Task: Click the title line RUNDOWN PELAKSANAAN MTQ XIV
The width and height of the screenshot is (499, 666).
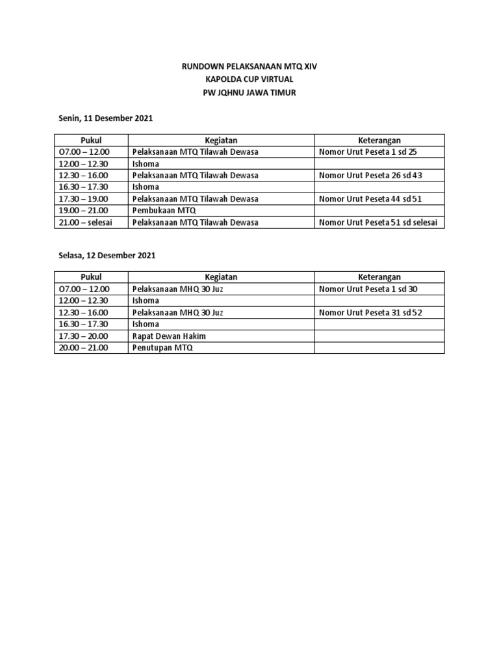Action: [x=249, y=66]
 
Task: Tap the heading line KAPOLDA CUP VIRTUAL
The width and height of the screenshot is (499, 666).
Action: [x=249, y=79]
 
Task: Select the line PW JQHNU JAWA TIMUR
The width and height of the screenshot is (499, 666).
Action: [x=249, y=92]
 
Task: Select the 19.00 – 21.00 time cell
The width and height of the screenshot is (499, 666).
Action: [x=84, y=211]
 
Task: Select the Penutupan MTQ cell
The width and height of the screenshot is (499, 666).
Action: [x=162, y=348]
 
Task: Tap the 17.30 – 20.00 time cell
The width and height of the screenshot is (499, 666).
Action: [x=84, y=336]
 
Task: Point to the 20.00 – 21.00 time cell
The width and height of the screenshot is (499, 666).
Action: [x=84, y=348]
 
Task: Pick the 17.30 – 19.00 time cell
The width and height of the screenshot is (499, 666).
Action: [x=84, y=199]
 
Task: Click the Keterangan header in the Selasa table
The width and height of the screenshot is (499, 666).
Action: [x=379, y=278]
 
